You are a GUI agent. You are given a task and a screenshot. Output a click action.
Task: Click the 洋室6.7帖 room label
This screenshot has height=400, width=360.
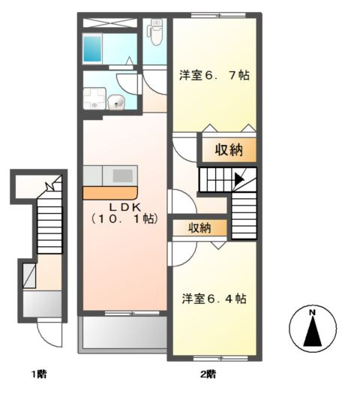pos(214,76)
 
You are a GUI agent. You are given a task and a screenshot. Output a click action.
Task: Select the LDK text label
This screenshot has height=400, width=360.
pos(124,207)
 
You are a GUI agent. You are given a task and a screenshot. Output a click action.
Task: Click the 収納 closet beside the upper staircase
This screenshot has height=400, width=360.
pos(229,149)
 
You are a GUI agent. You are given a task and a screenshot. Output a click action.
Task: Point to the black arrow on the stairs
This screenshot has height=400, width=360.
pos(238,179)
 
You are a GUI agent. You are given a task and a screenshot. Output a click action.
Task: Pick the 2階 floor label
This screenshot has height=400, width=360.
pos(208,373)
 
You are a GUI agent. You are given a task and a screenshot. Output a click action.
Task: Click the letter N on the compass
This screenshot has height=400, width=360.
pos(313,312)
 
